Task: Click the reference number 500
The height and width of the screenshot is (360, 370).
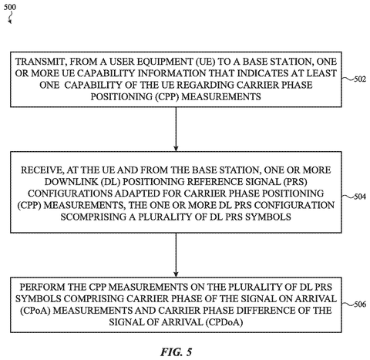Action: tap(10, 7)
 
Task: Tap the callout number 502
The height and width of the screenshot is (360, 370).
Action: tap(360, 79)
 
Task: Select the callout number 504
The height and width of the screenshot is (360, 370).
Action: tap(360, 197)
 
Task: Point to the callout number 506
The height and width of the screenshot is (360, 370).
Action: tap(360, 304)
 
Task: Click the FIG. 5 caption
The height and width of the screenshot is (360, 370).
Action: tap(177, 352)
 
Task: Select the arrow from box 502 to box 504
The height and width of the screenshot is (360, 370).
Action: tap(176, 129)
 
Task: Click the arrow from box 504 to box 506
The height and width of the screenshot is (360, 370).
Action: tap(176, 255)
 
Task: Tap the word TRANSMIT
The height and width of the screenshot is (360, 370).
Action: tap(40, 62)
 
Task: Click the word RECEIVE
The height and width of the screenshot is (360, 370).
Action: tap(42, 170)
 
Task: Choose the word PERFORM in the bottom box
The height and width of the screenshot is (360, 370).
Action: tap(42, 287)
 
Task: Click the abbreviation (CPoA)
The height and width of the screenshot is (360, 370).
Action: tap(35, 311)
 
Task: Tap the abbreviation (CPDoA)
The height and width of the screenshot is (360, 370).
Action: tap(224, 322)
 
